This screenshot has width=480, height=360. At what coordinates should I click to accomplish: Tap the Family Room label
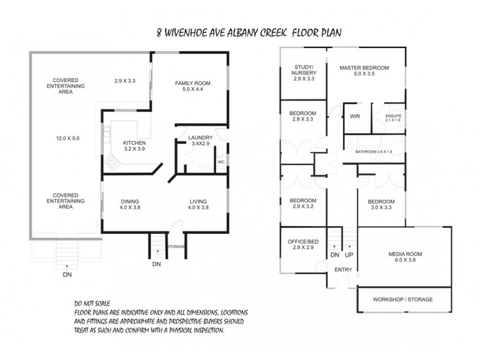click(193, 86)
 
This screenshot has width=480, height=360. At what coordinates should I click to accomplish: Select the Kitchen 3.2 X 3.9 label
click(134, 146)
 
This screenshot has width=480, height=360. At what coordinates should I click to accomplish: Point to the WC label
click(221, 162)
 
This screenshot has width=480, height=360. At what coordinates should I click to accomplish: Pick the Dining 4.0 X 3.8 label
click(130, 205)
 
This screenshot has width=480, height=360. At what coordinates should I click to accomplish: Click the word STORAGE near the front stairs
click(176, 247)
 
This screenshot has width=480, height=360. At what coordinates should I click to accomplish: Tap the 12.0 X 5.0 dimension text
click(66, 138)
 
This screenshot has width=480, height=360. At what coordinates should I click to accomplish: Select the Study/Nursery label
click(304, 73)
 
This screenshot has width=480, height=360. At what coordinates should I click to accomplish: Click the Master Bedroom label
click(364, 71)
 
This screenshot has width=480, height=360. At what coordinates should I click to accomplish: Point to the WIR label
click(355, 116)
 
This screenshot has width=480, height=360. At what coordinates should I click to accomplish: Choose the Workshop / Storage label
click(403, 299)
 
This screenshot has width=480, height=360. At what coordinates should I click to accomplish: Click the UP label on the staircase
click(349, 255)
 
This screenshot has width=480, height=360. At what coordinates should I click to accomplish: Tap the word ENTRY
click(343, 270)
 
